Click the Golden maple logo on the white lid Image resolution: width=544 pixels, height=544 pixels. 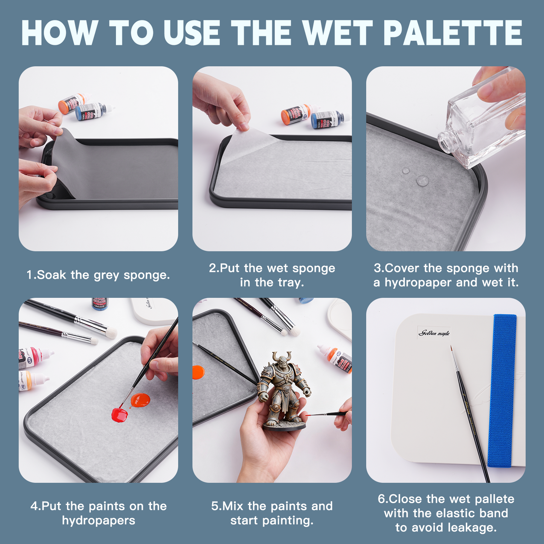(x=434, y=333)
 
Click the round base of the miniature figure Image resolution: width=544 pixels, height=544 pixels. (x=285, y=425)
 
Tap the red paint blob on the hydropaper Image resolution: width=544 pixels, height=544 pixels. (x=120, y=414)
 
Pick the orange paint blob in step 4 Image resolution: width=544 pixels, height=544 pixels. (x=140, y=400)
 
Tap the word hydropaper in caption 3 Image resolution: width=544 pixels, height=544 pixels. (x=418, y=282)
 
